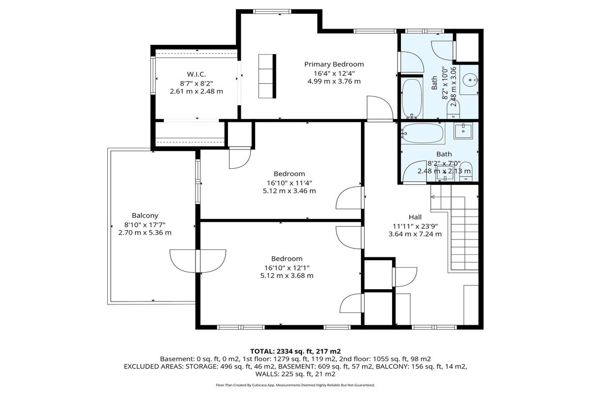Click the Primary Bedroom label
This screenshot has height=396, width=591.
point(334,64)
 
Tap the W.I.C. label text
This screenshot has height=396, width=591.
point(197,74)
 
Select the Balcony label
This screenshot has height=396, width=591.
point(145,215)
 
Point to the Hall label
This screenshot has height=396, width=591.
point(415,217)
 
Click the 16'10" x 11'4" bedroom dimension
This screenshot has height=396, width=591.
point(289,183)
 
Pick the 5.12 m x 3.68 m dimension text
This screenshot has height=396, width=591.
point(287,275)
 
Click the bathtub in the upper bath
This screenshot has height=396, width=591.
point(412,98)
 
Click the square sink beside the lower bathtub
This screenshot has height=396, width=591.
point(463,131)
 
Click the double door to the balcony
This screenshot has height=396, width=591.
point(198,261)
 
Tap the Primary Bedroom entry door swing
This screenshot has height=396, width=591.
point(380,109)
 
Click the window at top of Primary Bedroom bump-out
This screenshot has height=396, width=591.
point(272,11)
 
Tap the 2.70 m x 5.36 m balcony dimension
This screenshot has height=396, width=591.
point(145,233)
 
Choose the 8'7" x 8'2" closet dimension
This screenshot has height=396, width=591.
point(197,84)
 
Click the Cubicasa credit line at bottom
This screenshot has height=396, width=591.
point(295,385)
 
